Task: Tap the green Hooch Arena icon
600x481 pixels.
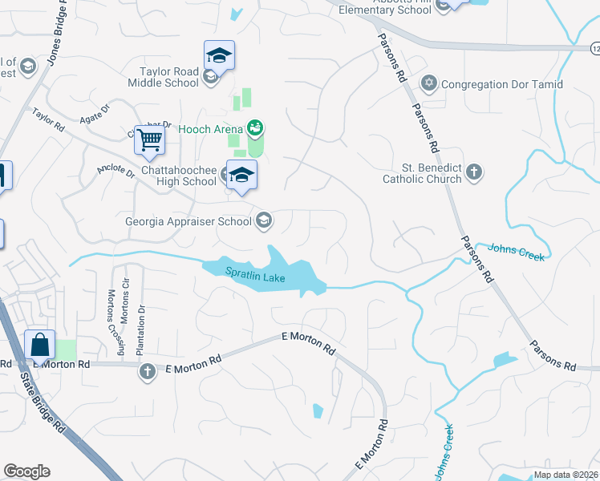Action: [256, 127]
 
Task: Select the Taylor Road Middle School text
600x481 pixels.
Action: [164, 77]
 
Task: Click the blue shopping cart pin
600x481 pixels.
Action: [150, 140]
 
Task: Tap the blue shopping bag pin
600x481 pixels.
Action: [40, 346]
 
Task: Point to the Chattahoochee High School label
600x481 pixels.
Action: [167, 175]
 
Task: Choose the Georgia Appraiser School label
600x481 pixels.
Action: [189, 221]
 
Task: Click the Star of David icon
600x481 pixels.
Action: [429, 83]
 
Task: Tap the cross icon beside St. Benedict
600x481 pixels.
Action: [474, 172]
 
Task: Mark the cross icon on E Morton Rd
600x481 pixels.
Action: [147, 372]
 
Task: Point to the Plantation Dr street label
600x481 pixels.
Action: [141, 330]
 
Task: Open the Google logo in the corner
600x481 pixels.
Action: [26, 471]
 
